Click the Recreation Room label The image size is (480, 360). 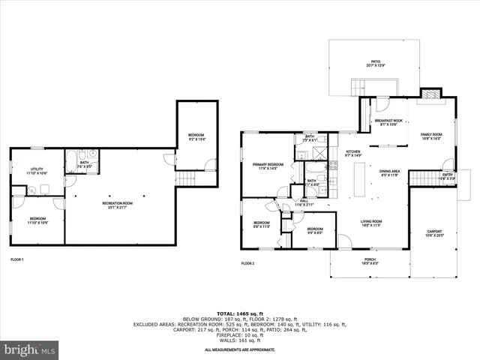pos(118,204)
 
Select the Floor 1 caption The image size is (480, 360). pos(16,259)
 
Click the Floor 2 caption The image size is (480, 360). pos(248,263)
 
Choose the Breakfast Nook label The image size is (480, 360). pos(388,122)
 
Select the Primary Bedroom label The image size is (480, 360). pos(268,166)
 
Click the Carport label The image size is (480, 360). pos(434,232)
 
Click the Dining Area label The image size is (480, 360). pos(388,173)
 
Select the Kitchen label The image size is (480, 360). pos(352,153)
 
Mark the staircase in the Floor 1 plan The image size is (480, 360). pos(184,179)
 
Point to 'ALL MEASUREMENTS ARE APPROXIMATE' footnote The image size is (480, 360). pos(239,349)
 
